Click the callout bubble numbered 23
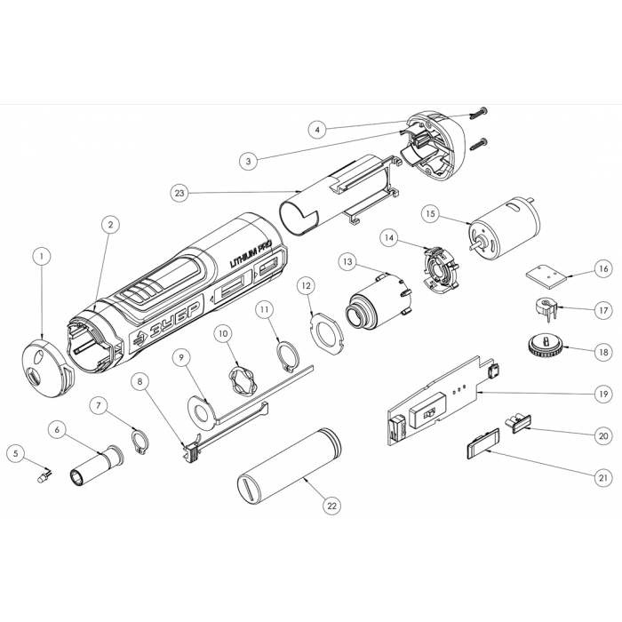click(179, 193)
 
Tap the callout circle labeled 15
click(430, 214)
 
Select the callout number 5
click(16, 453)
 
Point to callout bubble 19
click(603, 395)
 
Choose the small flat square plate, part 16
click(546, 275)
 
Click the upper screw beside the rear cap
click(479, 114)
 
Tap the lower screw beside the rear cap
click(479, 144)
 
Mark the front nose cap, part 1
click(47, 367)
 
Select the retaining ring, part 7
click(140, 442)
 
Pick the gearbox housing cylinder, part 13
click(378, 301)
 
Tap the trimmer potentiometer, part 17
click(545, 308)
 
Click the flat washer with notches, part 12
click(326, 332)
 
